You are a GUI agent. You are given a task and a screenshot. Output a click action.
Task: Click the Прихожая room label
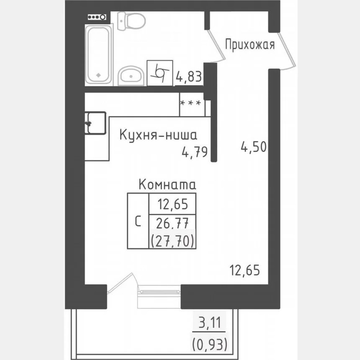(x=250, y=45)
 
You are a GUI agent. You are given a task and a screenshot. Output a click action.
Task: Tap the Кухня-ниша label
(x=158, y=135)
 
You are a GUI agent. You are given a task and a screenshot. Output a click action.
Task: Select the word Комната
(x=167, y=184)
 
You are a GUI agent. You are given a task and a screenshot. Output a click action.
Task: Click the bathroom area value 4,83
(x=188, y=77)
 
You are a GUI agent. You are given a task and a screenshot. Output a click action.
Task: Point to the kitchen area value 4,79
(x=195, y=152)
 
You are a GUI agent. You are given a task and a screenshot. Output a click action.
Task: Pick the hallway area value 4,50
(x=253, y=147)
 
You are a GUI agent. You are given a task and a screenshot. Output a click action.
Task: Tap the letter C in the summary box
(x=138, y=222)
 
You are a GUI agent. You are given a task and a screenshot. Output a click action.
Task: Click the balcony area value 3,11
(x=210, y=323)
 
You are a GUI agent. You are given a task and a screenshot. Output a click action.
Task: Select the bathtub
(x=98, y=54)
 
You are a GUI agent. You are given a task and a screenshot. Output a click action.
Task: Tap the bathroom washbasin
(x=131, y=76)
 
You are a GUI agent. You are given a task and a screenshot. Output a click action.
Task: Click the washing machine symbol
(x=160, y=73)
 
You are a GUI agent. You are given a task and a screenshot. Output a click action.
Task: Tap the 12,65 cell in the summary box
(x=172, y=204)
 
